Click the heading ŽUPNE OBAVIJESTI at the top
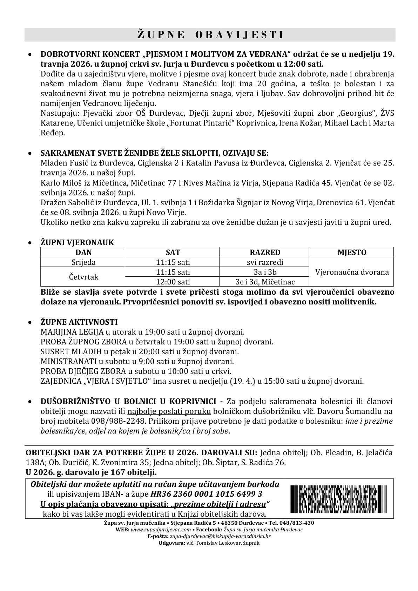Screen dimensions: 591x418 pyautogui.click(x=210, y=35)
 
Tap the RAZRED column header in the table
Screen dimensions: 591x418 pyautogui.click(x=265, y=253)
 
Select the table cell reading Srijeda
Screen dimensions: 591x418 pyautogui.click(x=83, y=262)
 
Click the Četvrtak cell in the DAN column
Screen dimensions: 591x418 pyautogui.click(x=83, y=277)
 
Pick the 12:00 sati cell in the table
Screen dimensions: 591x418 pyautogui.click(x=173, y=282)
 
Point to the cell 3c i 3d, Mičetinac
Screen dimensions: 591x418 pyautogui.click(x=265, y=282)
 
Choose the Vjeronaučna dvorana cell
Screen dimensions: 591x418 pyautogui.click(x=352, y=272)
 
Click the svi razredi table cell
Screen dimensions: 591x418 pyautogui.click(x=265, y=262)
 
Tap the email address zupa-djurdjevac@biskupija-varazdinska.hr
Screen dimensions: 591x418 pyautogui.click(x=220, y=536)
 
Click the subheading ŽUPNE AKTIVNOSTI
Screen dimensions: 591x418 pyautogui.click(x=79, y=322)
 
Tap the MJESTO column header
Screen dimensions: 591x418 pyautogui.click(x=352, y=253)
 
